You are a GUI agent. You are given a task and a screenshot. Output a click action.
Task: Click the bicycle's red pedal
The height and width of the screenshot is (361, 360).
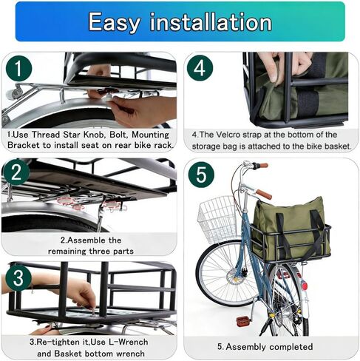(242, 322)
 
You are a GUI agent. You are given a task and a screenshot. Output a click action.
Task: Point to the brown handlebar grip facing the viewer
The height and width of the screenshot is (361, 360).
(264, 194)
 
